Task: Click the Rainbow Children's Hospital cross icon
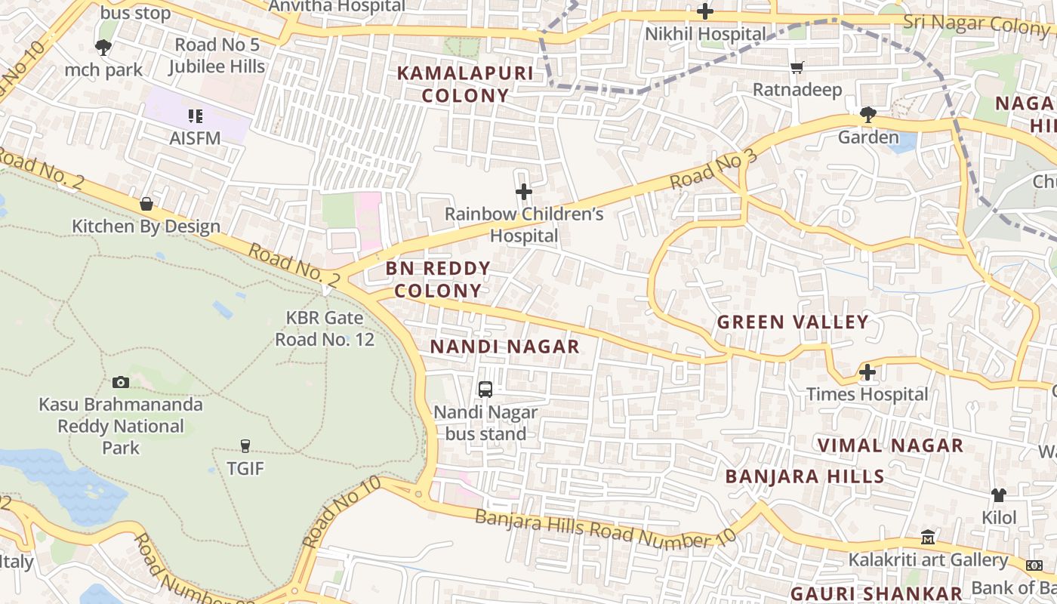tap(523, 192)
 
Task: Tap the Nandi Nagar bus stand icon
tap(485, 390)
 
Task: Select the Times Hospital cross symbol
tap(867, 371)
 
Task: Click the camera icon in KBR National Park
tap(121, 382)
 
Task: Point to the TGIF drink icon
tap(245, 445)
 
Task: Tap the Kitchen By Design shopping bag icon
tap(146, 204)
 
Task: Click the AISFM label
tap(195, 137)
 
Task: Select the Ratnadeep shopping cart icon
tap(797, 68)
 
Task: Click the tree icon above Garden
tap(867, 115)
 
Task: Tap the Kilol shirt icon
tap(999, 495)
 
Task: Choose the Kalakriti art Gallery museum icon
tap(928, 538)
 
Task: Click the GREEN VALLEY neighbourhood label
tap(793, 322)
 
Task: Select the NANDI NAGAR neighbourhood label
tap(505, 347)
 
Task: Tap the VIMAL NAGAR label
tap(891, 445)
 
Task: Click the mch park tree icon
tap(103, 48)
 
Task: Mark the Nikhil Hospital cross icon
tap(705, 11)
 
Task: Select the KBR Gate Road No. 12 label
tap(325, 329)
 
